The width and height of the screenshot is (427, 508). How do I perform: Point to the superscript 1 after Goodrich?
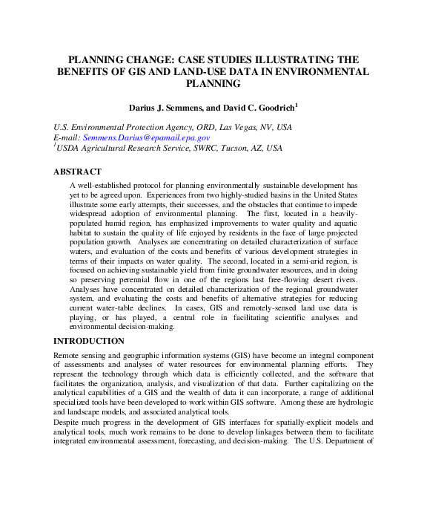point(297,105)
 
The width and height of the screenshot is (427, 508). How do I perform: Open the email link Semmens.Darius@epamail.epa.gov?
point(146,138)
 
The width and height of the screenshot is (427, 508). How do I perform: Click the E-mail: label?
point(67,138)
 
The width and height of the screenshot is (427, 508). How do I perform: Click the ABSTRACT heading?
point(78,172)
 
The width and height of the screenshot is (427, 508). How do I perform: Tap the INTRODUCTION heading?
point(89,341)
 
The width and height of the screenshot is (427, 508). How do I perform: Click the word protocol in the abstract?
point(151,185)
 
